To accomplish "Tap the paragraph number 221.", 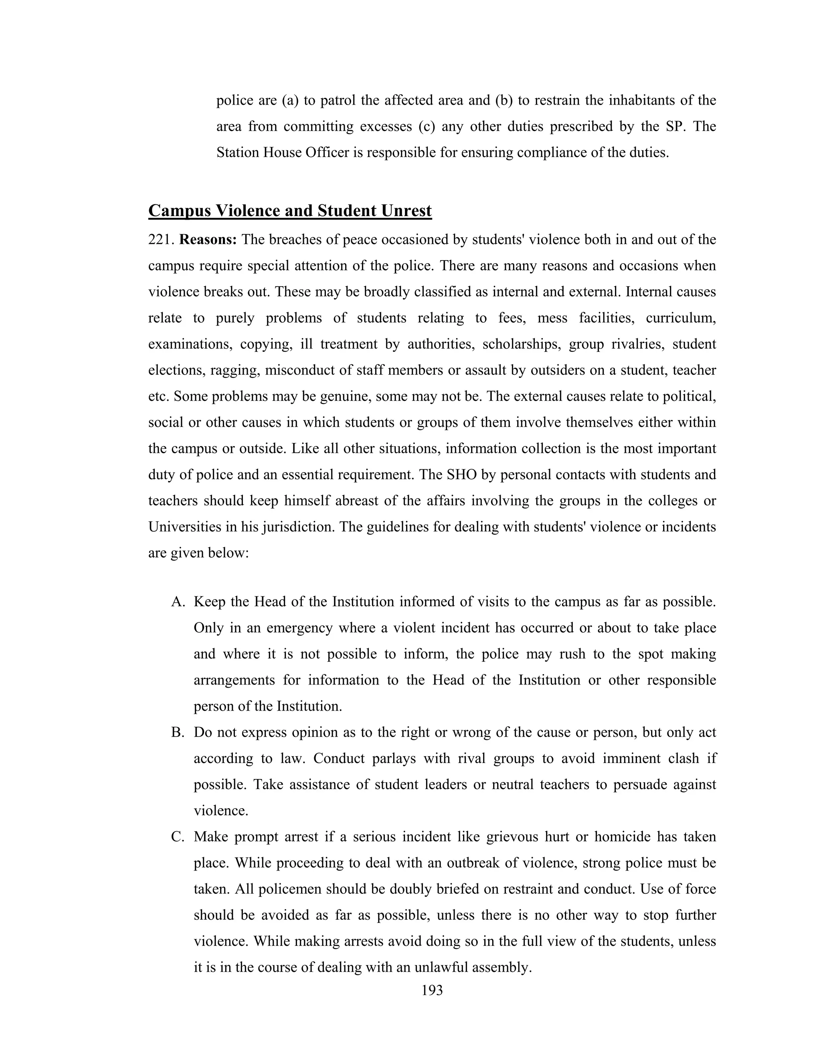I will click(x=161, y=240).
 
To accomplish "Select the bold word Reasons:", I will click(x=208, y=240).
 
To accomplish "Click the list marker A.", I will click(x=178, y=602).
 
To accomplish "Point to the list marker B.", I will click(x=178, y=733).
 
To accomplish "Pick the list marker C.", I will click(x=178, y=837).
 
